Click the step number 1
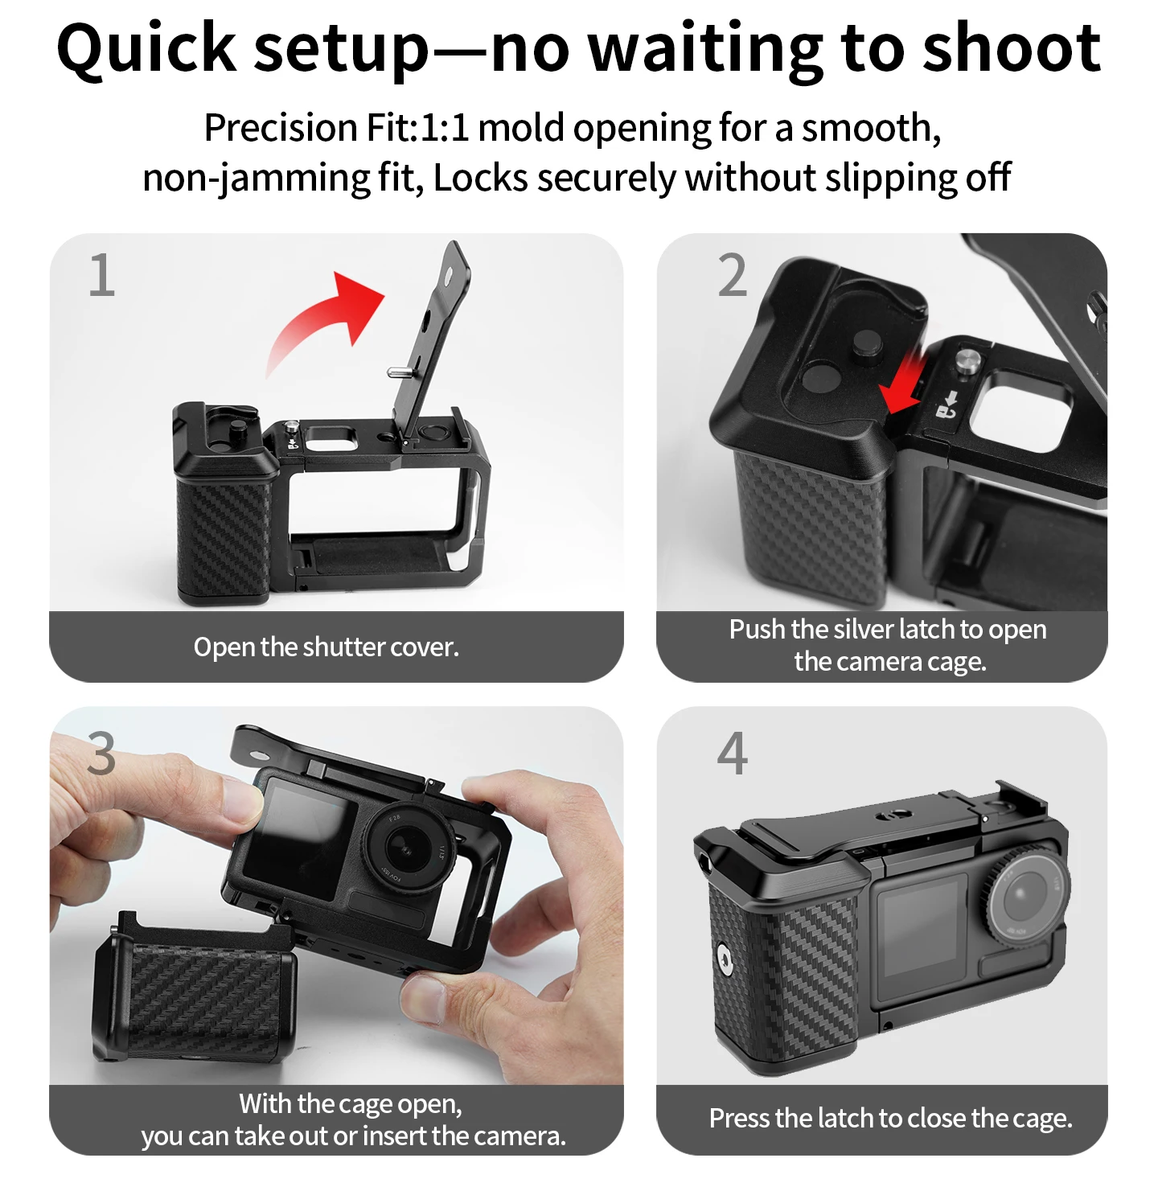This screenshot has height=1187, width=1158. (102, 275)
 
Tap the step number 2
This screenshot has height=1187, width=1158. (733, 275)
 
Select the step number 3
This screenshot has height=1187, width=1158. (101, 754)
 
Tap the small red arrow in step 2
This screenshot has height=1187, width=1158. (902, 384)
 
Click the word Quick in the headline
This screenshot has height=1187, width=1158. (146, 50)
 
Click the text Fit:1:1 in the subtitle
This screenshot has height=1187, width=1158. (417, 128)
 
